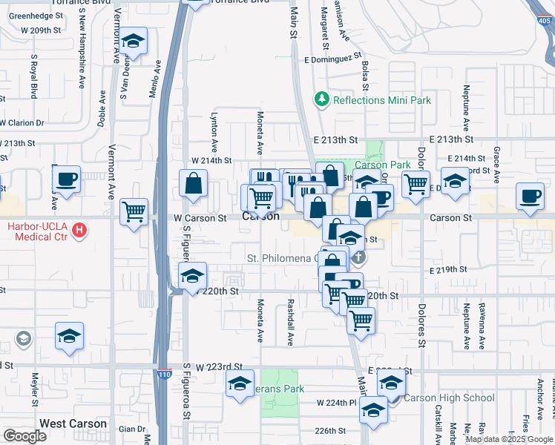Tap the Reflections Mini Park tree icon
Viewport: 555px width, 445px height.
[321, 99]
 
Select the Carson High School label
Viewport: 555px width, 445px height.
[449, 398]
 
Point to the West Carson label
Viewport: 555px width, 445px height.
[73, 424]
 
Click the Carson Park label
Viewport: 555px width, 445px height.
[382, 164]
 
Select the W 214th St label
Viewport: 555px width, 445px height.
[211, 160]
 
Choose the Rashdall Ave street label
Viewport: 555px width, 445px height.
[289, 317]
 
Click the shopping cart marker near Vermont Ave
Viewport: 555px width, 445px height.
[134, 212]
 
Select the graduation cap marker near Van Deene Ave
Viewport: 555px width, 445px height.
[134, 42]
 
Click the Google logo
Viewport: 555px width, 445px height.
[24, 436]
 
